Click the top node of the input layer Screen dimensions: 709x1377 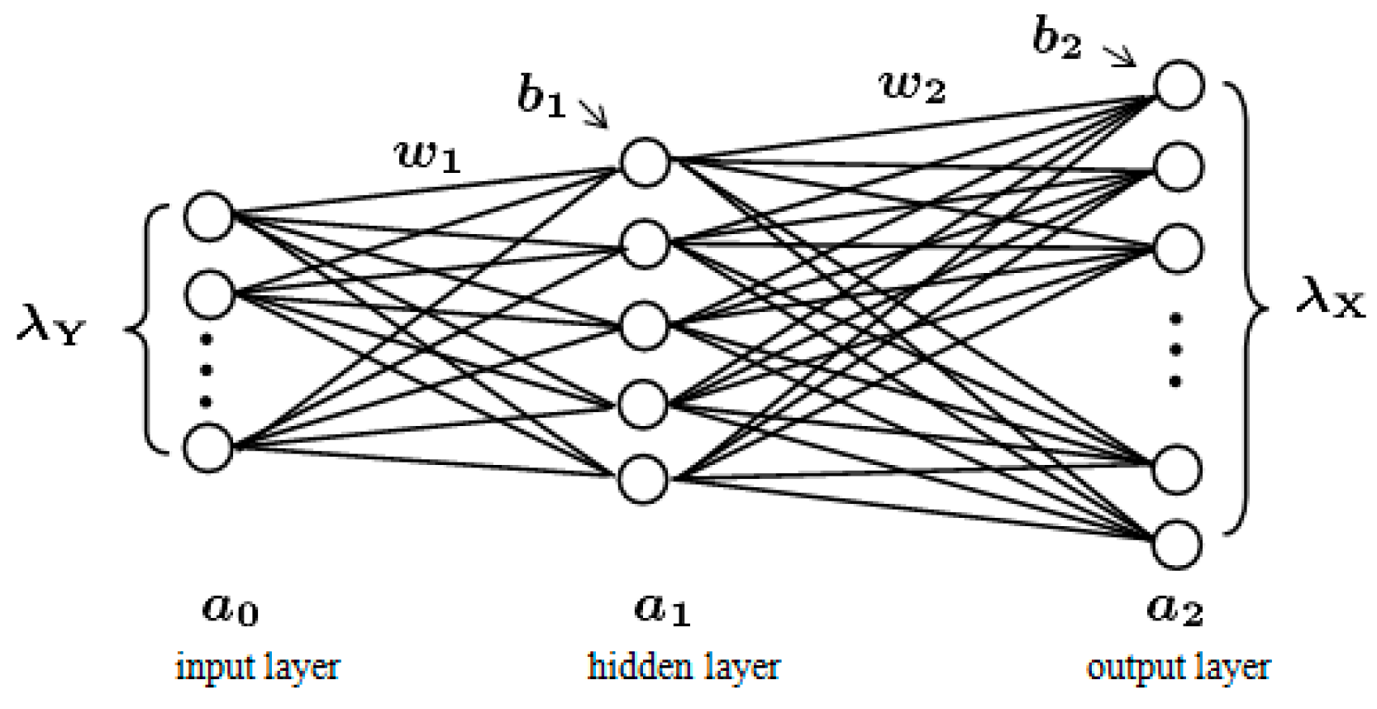point(207,217)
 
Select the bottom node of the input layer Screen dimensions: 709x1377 point(207,448)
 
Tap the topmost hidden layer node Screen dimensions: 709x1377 point(644,162)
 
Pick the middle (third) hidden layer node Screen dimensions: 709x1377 point(644,324)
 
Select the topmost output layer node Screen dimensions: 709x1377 point(1178,84)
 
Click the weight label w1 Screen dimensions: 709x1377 point(427,155)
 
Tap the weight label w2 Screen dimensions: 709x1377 point(912,85)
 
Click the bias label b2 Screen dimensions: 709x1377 point(1057,38)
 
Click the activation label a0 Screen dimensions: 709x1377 point(231,608)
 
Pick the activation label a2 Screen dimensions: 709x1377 point(1174,608)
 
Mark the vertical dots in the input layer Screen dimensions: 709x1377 point(207,370)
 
